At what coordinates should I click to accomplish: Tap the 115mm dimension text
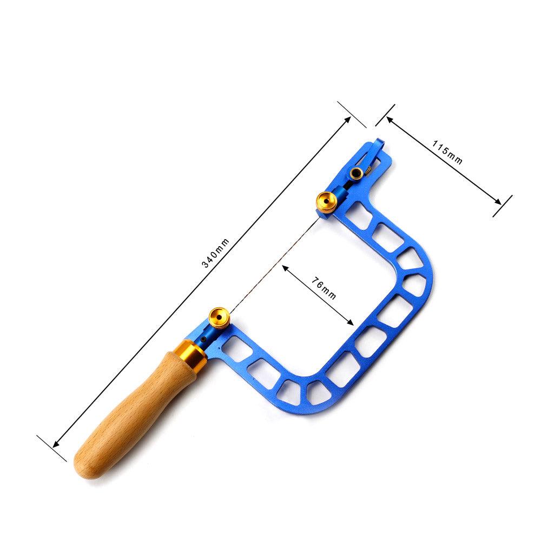(x=447, y=153)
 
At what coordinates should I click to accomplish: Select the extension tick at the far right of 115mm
(x=503, y=206)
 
